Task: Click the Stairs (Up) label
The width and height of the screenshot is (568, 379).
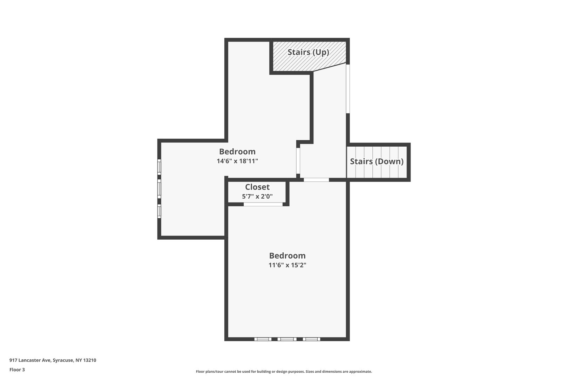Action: (308, 52)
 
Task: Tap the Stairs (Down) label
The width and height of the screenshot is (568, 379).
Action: (377, 161)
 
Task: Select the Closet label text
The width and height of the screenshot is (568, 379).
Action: (257, 187)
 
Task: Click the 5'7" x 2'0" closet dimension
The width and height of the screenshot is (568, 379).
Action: (257, 196)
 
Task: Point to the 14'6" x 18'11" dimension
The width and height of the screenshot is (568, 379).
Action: (237, 161)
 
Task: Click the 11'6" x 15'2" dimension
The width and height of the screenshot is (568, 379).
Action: (287, 265)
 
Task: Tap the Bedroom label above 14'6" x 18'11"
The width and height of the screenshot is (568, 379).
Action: (237, 152)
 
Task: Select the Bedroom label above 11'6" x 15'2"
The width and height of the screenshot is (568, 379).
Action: (287, 255)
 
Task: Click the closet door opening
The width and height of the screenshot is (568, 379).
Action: (263, 204)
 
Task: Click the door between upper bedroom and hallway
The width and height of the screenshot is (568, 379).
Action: (298, 161)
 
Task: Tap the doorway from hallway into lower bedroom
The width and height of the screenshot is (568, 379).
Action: (316, 180)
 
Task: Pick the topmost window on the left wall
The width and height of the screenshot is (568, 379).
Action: (159, 167)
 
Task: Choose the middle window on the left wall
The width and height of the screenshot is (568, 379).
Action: (159, 189)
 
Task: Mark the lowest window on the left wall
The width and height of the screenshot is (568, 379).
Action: (159, 211)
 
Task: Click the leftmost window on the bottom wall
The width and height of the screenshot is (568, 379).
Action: (263, 339)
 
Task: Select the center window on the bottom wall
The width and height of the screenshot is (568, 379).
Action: (287, 339)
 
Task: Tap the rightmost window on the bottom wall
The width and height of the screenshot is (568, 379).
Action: (311, 339)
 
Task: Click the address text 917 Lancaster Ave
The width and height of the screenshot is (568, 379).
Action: (30, 360)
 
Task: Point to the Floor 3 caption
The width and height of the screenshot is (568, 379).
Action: (17, 370)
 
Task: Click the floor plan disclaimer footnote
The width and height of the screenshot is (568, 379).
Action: (284, 372)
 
